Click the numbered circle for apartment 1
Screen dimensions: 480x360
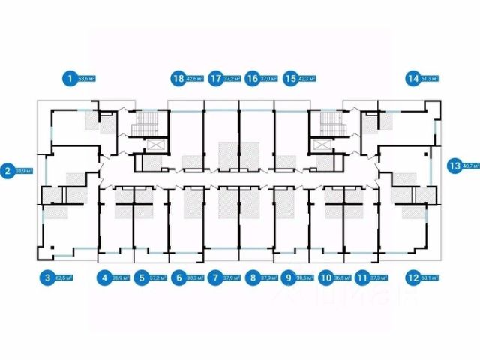pyautogui.click(x=70, y=77)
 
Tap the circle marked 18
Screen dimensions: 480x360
pyautogui.click(x=178, y=77)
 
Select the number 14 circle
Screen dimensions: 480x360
pyautogui.click(x=412, y=77)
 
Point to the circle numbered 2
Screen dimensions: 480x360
pyautogui.click(x=7, y=170)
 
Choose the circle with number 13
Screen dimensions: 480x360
pyautogui.click(x=454, y=166)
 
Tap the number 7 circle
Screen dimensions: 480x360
pyautogui.click(x=215, y=277)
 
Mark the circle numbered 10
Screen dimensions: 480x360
pyautogui.click(x=325, y=277)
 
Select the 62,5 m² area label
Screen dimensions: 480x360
pyautogui.click(x=65, y=277)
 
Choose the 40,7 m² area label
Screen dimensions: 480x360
pyautogui.click(x=471, y=166)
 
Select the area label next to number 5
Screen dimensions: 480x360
pyautogui.click(x=157, y=277)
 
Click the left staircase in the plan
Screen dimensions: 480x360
pyautogui.click(x=141, y=124)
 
